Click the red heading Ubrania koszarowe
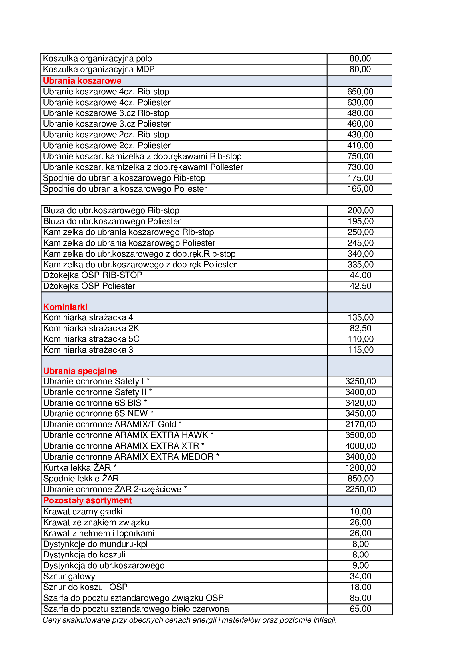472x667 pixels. point(82,81)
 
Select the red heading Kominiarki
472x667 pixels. point(65,307)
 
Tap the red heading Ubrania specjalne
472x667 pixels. point(80,371)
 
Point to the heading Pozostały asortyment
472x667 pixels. point(87,500)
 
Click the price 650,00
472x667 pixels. point(360,92)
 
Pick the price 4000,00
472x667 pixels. point(360,446)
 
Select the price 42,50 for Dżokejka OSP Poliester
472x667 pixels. point(360,286)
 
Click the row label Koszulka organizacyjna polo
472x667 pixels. point(97,58)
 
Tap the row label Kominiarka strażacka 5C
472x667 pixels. point(91,339)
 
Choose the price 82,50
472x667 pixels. point(360,328)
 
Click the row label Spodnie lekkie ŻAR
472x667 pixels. point(81,478)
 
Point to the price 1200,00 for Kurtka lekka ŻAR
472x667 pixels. point(360,467)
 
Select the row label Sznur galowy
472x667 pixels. point(69,576)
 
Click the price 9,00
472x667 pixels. point(360,565)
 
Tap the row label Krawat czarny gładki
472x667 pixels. point(83,511)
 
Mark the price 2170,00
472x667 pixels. point(360,424)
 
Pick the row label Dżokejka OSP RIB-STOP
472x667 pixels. point(93,275)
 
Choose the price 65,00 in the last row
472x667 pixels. point(360,609)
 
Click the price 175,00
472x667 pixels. point(360,178)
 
